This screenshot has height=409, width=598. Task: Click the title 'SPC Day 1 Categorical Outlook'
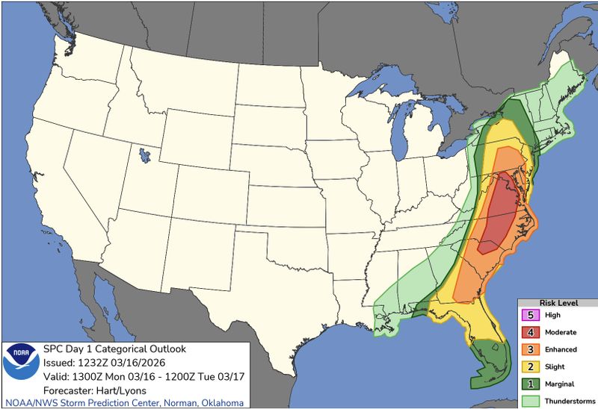[x=114, y=349]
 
